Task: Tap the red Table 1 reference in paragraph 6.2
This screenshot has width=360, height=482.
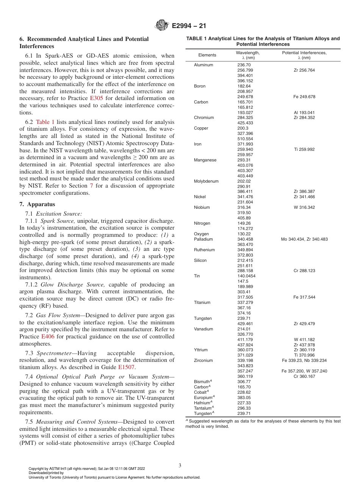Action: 45,122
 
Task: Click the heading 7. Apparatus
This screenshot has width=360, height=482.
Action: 37,204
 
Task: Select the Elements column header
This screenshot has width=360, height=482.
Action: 207,55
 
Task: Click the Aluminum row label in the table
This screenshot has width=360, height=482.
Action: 203,65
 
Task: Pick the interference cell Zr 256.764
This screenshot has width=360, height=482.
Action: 304,70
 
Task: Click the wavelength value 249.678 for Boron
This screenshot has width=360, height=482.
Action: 244,97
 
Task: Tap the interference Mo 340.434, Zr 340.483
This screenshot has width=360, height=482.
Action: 304,239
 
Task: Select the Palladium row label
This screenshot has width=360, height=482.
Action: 203,239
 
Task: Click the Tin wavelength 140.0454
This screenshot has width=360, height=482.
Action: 246,276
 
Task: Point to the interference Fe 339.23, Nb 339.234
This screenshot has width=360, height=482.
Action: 304,360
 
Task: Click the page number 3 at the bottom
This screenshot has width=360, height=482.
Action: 180,465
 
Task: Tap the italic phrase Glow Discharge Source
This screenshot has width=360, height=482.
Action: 65,285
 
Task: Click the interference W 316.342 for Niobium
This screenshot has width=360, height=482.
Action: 304,207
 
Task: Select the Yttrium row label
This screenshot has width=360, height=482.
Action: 201,350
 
